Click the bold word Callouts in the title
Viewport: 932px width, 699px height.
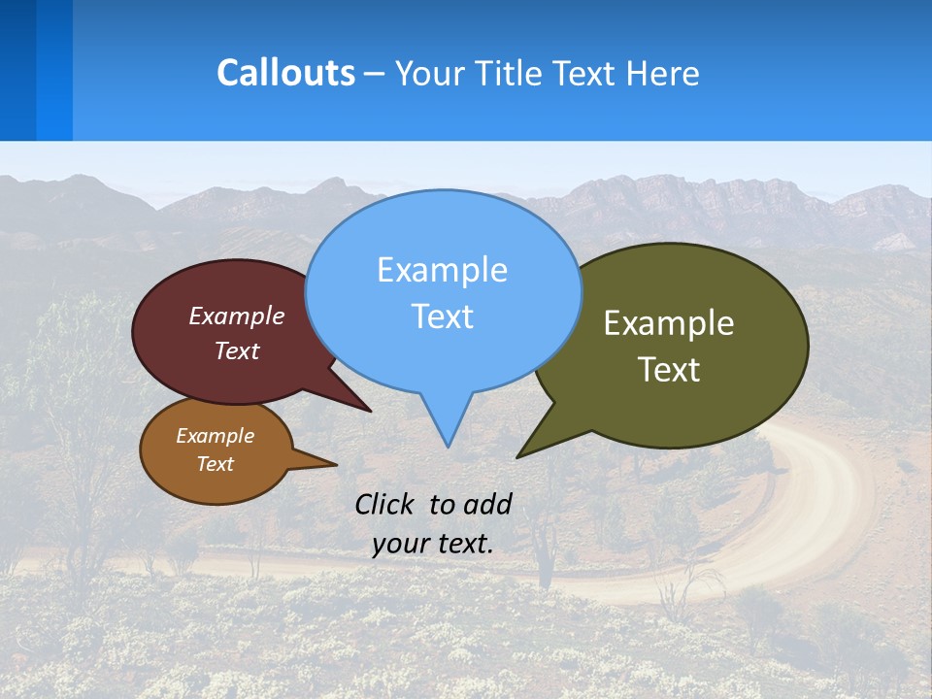(x=285, y=73)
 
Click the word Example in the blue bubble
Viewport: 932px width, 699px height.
(x=442, y=270)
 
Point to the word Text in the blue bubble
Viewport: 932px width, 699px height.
(x=442, y=316)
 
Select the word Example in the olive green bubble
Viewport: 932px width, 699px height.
(x=669, y=323)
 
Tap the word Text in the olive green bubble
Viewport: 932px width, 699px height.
(x=669, y=370)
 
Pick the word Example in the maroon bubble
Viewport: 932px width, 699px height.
(x=237, y=316)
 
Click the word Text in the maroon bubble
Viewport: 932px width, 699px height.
(x=237, y=350)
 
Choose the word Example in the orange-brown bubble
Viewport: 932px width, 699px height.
(x=215, y=436)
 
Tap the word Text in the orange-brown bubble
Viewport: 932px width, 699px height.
(x=215, y=464)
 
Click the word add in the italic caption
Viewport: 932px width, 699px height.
(x=487, y=504)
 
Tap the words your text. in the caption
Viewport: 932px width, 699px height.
(x=433, y=544)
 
